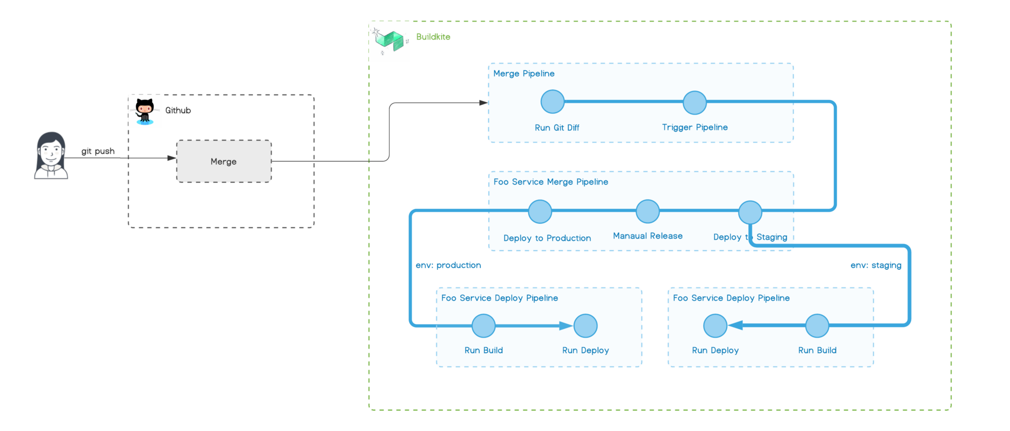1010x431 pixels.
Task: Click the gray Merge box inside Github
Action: click(224, 161)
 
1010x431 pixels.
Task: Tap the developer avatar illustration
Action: click(51, 156)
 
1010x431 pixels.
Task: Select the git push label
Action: click(98, 151)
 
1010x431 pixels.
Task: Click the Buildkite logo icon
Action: click(390, 40)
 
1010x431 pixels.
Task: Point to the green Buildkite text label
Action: click(433, 37)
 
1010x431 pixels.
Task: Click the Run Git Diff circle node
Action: click(552, 102)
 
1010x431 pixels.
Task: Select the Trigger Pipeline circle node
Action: click(694, 103)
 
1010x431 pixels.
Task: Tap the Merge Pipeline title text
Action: click(524, 74)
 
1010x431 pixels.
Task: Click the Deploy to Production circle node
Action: click(540, 211)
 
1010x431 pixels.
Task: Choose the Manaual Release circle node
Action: click(647, 211)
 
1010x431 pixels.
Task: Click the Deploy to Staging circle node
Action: click(750, 212)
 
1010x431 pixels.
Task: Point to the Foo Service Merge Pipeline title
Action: click(550, 182)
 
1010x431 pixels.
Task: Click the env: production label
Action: click(448, 265)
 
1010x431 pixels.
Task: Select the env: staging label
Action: click(876, 265)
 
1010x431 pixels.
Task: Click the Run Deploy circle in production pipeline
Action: click(585, 326)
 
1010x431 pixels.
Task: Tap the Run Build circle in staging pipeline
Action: click(817, 326)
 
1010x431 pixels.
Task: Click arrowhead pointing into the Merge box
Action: click(172, 158)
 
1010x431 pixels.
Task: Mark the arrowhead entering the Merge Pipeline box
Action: click(483, 103)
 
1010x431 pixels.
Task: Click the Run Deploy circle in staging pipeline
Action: click(715, 326)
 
